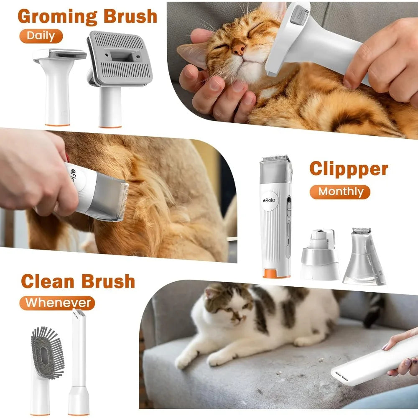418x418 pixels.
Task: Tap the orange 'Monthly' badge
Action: (340, 192)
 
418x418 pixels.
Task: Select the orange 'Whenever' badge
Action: (58, 302)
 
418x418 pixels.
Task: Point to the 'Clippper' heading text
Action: (349, 169)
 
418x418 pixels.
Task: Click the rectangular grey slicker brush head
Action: (120, 58)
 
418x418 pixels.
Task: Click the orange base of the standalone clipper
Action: (276, 273)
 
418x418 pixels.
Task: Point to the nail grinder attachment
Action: (320, 255)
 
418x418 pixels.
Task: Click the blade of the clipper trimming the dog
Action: (123, 200)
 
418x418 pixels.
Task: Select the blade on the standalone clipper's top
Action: (275, 159)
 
